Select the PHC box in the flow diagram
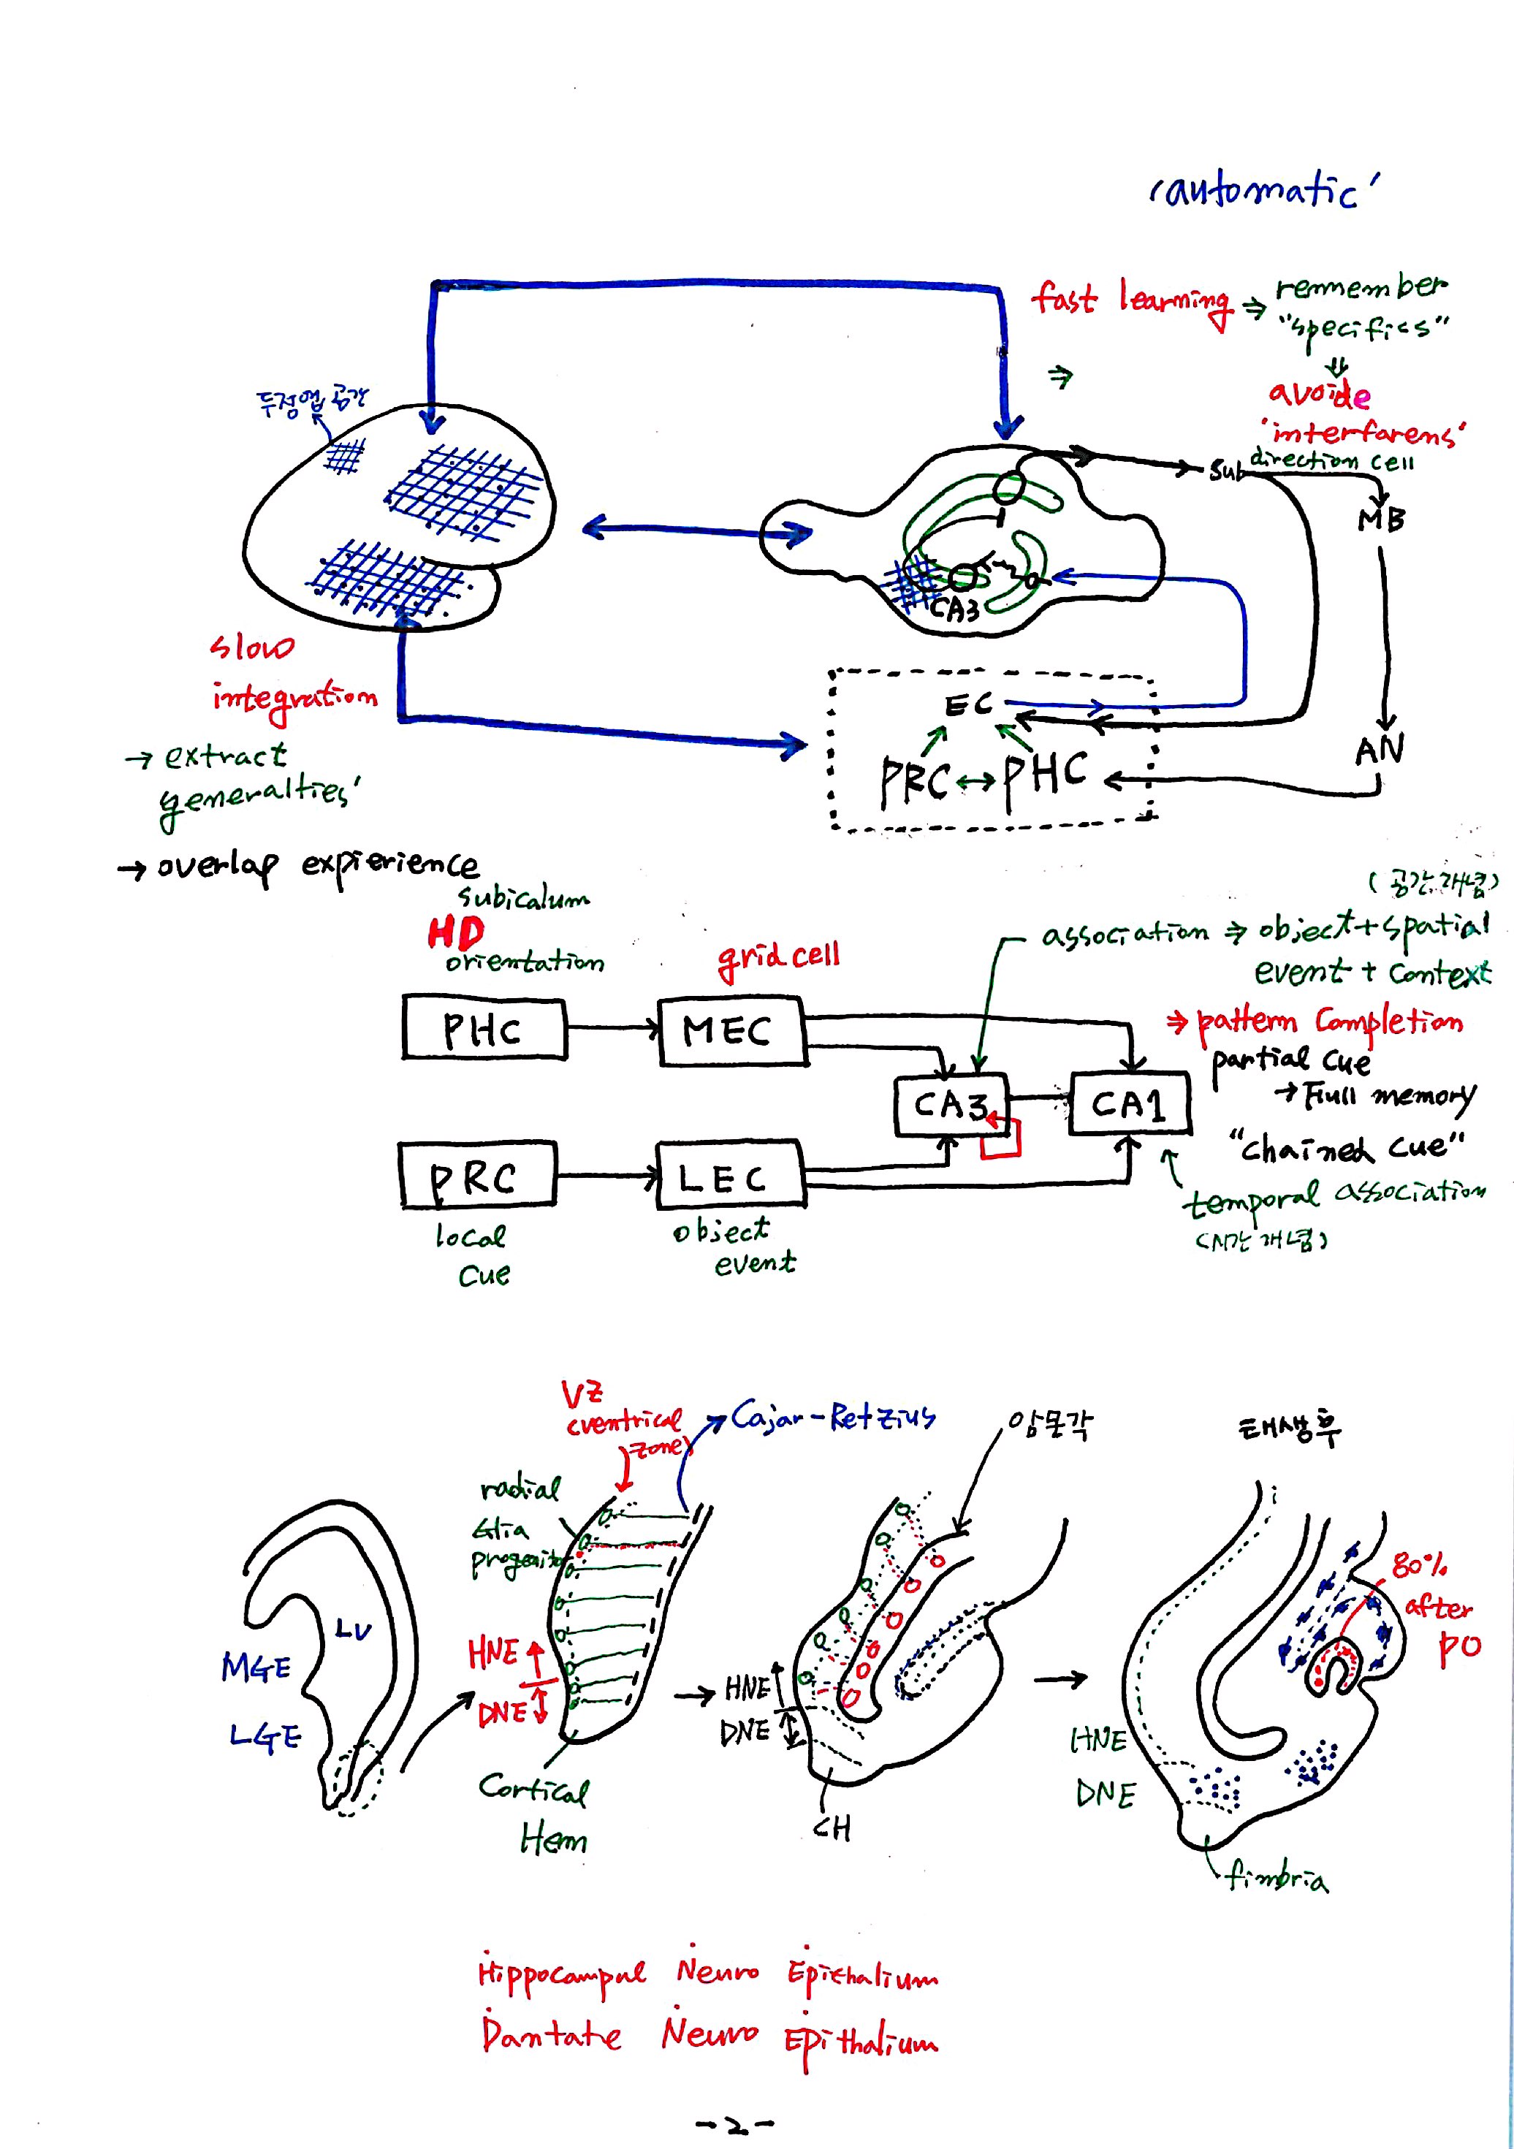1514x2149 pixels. point(484,1029)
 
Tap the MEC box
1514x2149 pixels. point(731,1032)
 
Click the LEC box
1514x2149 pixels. point(729,1176)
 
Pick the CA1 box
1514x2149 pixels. point(1130,1104)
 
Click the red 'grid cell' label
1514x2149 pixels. point(777,956)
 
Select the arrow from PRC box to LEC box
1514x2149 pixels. point(606,1176)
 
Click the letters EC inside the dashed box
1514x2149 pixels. point(967,705)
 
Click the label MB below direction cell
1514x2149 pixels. point(1381,519)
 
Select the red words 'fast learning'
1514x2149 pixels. point(1130,300)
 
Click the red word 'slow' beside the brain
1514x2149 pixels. point(251,646)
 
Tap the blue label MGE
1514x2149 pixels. point(256,1667)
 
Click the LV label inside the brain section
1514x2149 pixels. point(353,1630)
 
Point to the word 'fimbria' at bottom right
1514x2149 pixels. point(1277,1876)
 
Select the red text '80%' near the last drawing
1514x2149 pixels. point(1418,1564)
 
